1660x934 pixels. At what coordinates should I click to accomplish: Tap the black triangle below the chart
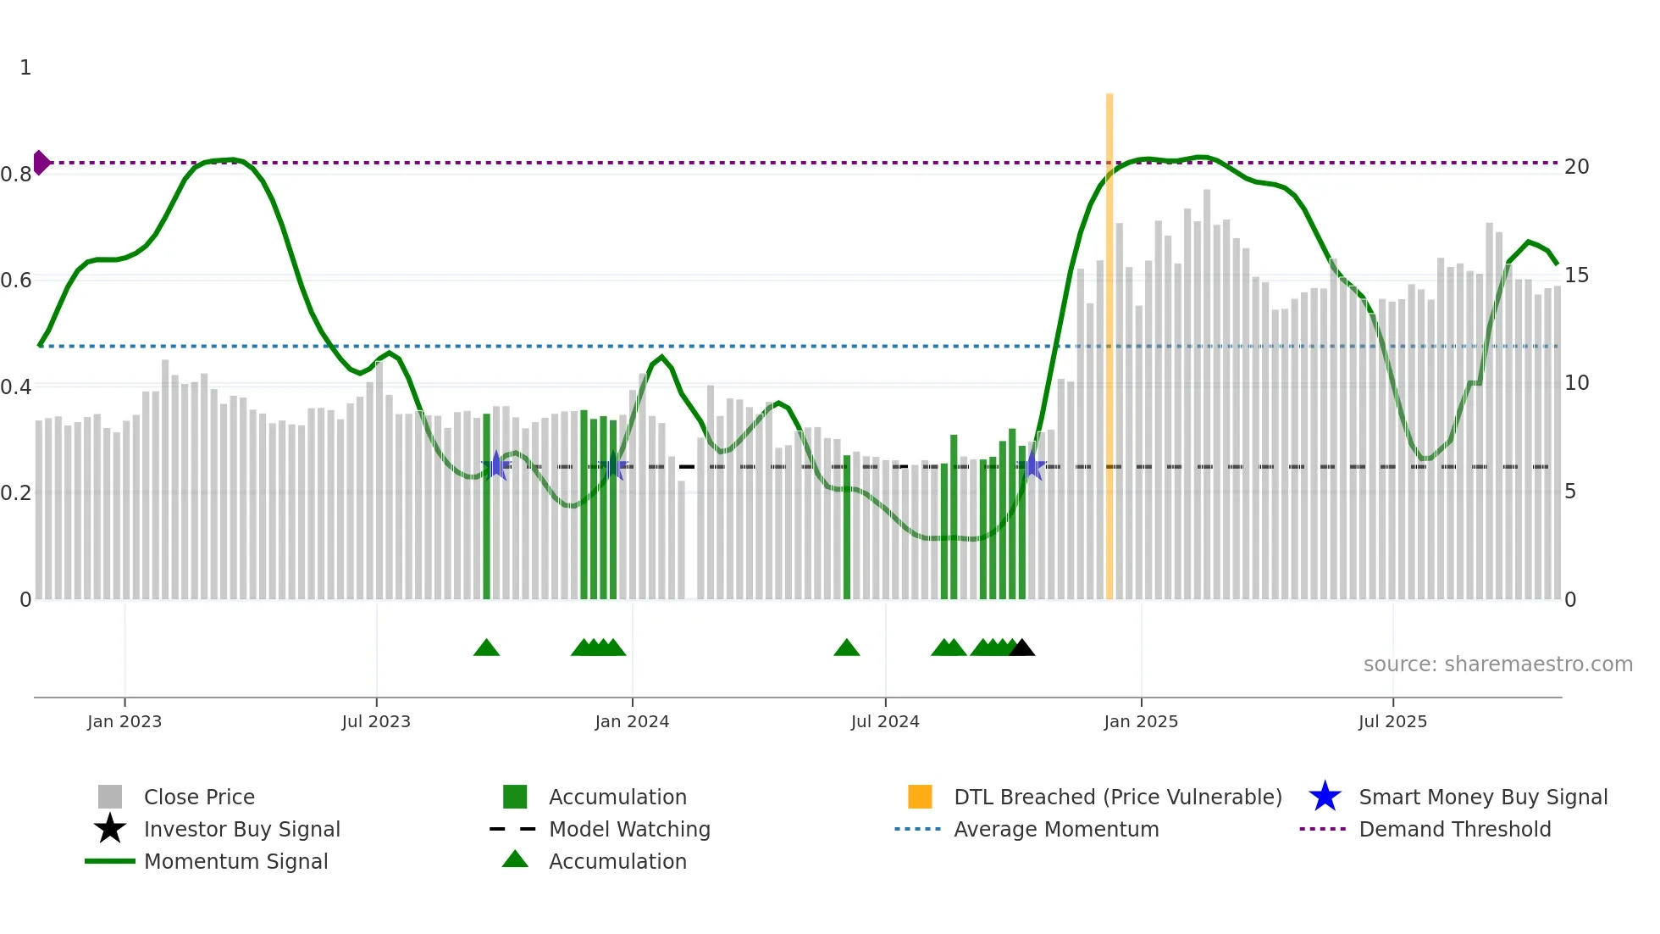pos(1022,648)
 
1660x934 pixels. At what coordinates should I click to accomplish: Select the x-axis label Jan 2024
pos(632,721)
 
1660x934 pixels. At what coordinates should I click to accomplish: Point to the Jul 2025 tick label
pos(1392,721)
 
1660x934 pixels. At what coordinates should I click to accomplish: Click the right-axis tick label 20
pos(1576,167)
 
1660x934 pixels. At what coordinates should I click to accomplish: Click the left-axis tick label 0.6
pos(16,281)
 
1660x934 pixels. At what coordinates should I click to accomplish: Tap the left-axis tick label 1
pos(25,68)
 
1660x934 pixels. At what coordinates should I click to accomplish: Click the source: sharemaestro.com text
pos(1497,664)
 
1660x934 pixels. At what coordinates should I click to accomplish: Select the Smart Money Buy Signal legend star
pos(1325,797)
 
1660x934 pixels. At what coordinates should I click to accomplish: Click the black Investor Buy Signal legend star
pos(110,829)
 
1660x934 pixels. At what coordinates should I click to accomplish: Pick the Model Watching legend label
pos(629,829)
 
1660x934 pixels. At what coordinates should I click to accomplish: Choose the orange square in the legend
pos(920,797)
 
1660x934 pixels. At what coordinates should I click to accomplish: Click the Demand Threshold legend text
pos(1454,829)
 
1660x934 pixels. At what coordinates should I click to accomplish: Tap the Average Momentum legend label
pos(1056,829)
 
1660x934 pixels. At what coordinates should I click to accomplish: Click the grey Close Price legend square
pos(110,797)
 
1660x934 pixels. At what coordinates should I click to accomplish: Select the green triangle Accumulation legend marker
pos(515,859)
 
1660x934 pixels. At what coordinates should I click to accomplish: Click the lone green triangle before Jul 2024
pos(846,648)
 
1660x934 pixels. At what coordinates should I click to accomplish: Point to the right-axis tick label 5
pos(1570,492)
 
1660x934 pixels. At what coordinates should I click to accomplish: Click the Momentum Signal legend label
pos(235,861)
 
